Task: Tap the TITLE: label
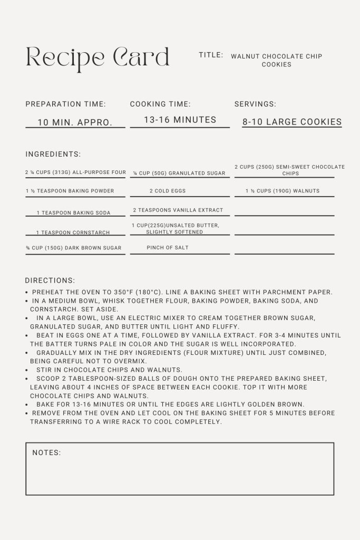(x=211, y=55)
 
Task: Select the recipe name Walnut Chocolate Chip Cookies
(x=276, y=60)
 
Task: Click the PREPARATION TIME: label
(x=65, y=104)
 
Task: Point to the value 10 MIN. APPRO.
(x=75, y=122)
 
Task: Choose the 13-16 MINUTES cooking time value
(x=180, y=120)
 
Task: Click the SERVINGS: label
(x=255, y=104)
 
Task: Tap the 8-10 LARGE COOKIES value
(x=292, y=122)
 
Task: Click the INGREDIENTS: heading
(x=53, y=155)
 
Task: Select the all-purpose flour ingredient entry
(x=75, y=172)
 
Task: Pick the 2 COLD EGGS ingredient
(x=168, y=191)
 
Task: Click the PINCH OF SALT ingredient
(x=168, y=247)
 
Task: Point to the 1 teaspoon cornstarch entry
(x=73, y=233)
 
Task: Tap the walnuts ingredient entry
(x=283, y=191)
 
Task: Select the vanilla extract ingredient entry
(x=178, y=210)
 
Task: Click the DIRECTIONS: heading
(x=50, y=281)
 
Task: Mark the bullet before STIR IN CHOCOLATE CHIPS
(x=27, y=370)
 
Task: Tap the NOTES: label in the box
(x=46, y=452)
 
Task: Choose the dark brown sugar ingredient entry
(x=74, y=248)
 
